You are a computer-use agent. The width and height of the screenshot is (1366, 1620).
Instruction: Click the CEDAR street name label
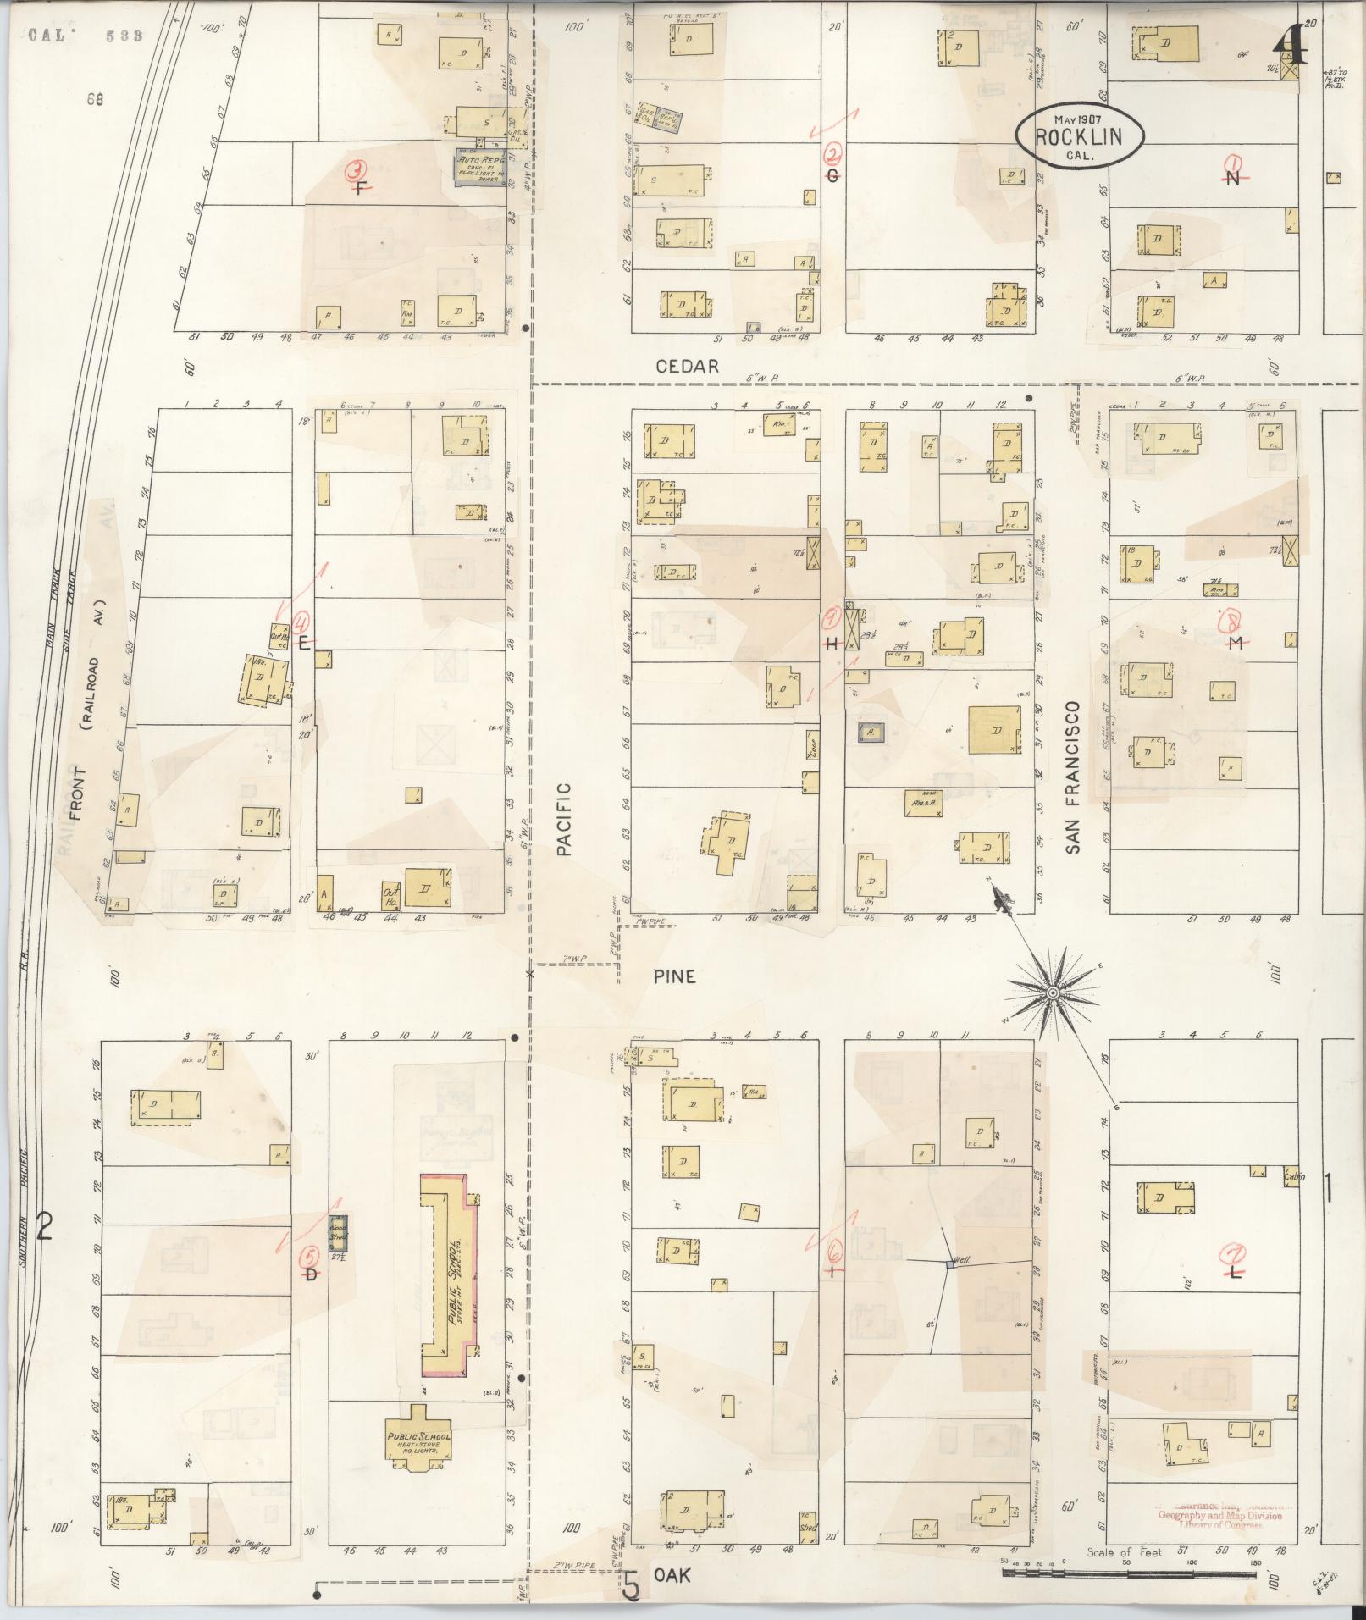[688, 366]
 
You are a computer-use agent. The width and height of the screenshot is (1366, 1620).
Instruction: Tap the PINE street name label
[675, 976]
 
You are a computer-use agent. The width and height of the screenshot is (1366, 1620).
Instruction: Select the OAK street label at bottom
[672, 1575]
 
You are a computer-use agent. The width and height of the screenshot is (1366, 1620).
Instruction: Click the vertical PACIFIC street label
[565, 819]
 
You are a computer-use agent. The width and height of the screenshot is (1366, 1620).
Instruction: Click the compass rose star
[1051, 992]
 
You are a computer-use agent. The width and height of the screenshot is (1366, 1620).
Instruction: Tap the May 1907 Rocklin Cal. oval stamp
[1081, 135]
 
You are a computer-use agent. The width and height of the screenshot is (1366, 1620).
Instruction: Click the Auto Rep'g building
[481, 168]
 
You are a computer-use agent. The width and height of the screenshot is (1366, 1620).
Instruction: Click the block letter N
[1233, 177]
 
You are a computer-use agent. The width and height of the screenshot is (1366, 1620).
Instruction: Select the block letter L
[1236, 1273]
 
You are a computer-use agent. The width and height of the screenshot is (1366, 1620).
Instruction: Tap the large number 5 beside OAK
[631, 1584]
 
